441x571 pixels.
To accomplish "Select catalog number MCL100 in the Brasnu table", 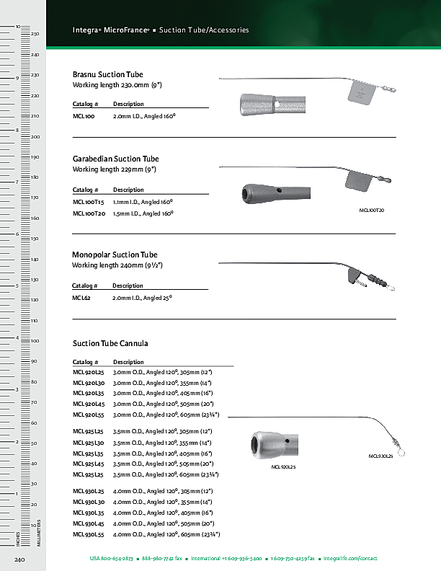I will [83, 115].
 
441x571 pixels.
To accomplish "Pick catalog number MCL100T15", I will [89, 202].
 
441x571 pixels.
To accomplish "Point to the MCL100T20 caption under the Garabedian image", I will [372, 210].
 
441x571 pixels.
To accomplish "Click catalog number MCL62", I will [81, 298].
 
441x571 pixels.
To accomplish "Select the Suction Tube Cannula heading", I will [110, 343].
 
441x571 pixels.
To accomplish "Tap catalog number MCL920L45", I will [89, 404].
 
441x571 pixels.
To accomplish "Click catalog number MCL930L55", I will [89, 534].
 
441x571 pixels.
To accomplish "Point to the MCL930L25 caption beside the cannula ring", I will [380, 456].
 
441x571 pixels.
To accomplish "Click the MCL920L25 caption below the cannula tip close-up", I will [283, 468].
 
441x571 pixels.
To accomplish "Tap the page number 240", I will [19, 559].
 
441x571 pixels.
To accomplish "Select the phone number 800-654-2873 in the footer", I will [115, 559].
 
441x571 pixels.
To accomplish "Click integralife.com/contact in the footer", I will [350, 559].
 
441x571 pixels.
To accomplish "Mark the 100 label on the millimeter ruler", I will [34, 340].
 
